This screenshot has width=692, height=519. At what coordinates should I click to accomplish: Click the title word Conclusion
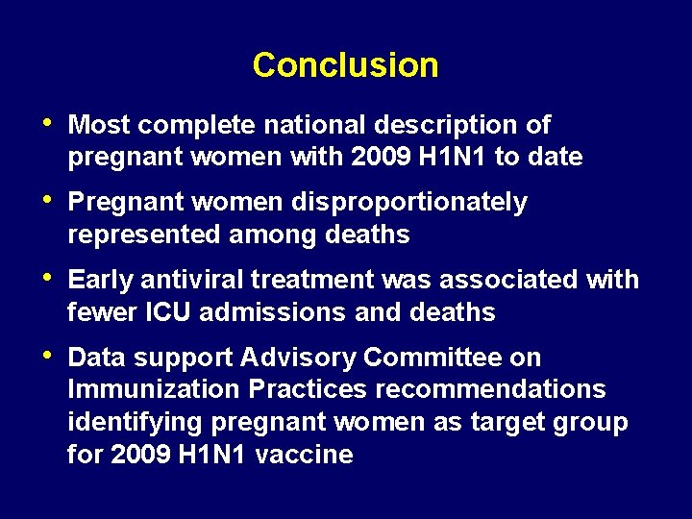345,65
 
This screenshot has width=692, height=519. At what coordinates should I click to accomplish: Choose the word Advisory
300,358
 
